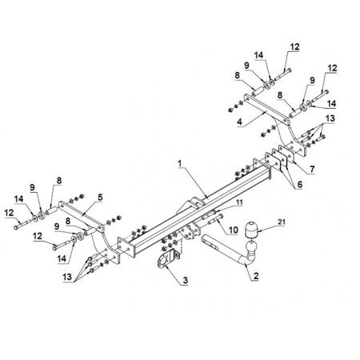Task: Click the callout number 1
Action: [180, 164]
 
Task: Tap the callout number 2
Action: [256, 276]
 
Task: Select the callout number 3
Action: [186, 280]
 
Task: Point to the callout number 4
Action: [239, 122]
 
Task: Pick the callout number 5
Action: [100, 198]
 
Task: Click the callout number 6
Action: [300, 184]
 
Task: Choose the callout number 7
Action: [312, 169]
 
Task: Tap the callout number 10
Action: [233, 230]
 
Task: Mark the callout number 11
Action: [239, 202]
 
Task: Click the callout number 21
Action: [281, 222]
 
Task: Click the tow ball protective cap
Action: [250, 230]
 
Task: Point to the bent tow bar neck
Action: [232, 250]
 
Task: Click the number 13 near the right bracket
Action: [330, 118]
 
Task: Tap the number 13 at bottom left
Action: [67, 277]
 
